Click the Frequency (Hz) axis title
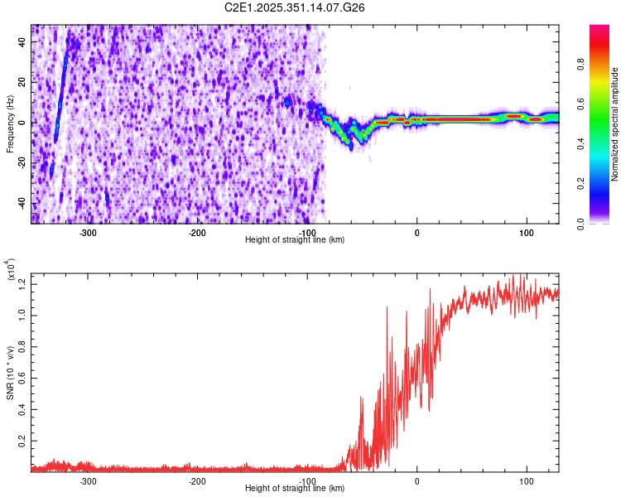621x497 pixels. coord(10,123)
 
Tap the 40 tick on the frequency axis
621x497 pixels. coord(22,43)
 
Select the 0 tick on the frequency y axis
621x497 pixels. coord(24,123)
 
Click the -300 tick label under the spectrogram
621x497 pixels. coord(88,233)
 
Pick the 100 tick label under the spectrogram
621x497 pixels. coord(526,233)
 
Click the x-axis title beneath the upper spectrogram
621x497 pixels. coord(295,240)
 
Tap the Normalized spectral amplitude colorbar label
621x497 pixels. coord(615,123)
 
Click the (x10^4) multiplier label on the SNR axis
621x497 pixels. coord(12,269)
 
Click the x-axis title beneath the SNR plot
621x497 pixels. coord(295,489)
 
